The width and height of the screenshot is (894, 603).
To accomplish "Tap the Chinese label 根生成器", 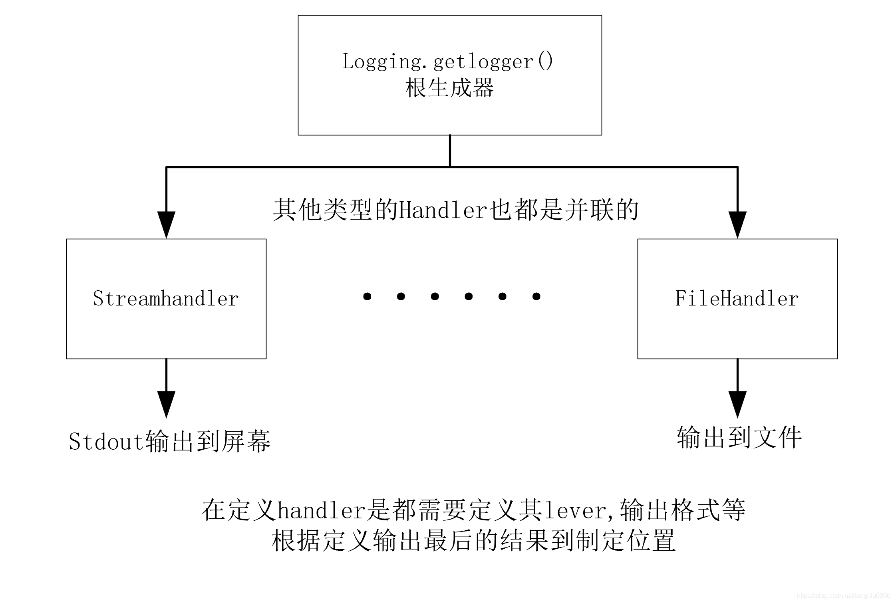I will [x=449, y=88].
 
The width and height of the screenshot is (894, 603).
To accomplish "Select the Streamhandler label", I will [x=166, y=299].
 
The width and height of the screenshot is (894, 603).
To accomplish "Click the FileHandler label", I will [x=737, y=299].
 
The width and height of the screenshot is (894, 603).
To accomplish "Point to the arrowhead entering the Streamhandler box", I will [x=166, y=225].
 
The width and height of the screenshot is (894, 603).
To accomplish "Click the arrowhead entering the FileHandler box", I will [x=737, y=225].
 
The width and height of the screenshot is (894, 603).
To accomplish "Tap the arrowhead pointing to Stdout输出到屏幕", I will [x=166, y=404].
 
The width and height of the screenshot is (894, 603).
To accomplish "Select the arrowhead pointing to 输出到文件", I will [x=737, y=404].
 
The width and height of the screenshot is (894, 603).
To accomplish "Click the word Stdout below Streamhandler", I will [x=106, y=442].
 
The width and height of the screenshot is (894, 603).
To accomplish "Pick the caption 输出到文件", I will [x=739, y=438].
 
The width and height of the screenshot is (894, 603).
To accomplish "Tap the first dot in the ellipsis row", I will [x=367, y=296].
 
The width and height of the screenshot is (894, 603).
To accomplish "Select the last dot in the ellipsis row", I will [x=536, y=296].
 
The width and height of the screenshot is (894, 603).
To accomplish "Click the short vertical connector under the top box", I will [x=450, y=151].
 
